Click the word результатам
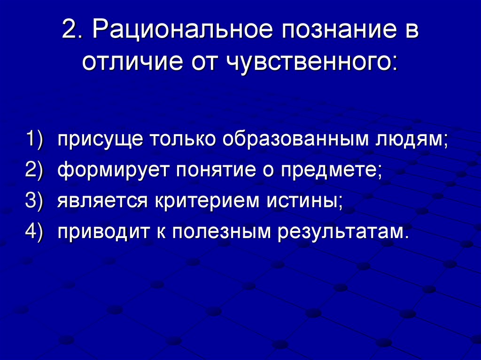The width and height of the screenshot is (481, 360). [341, 231]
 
